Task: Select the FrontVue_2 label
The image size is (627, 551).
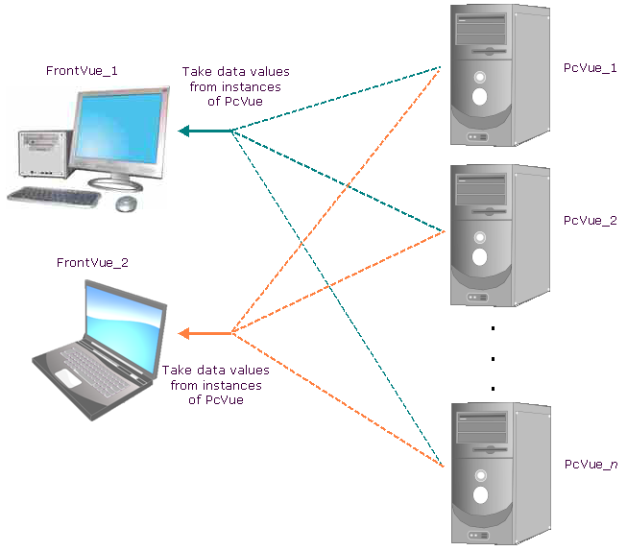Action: tap(92, 262)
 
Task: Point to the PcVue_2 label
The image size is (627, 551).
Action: tap(591, 220)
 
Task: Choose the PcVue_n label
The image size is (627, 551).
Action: tap(591, 465)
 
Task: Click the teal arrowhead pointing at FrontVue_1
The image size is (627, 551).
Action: tap(183, 131)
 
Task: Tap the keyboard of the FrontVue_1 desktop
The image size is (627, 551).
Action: tap(54, 196)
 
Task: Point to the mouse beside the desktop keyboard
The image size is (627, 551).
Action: tap(127, 204)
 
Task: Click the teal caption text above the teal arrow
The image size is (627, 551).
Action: tap(235, 86)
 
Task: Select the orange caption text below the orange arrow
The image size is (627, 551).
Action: tap(215, 384)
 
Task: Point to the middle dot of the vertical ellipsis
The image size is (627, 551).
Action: tap(493, 359)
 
